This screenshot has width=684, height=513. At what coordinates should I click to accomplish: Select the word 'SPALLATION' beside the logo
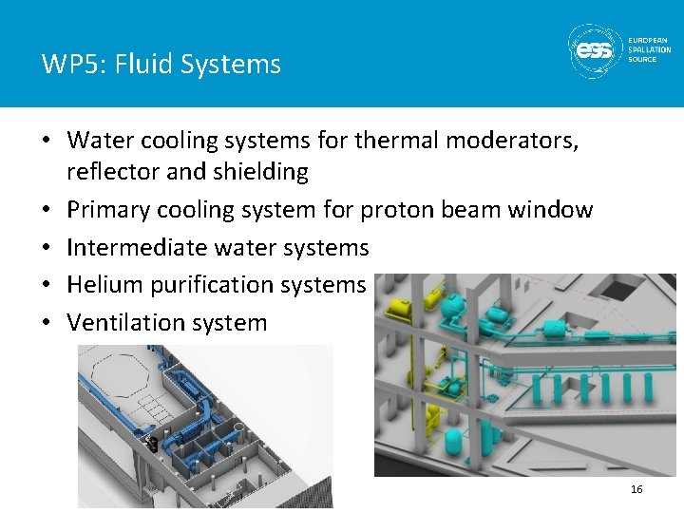pyautogui.click(x=649, y=49)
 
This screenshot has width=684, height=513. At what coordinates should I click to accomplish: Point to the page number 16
pyautogui.click(x=636, y=488)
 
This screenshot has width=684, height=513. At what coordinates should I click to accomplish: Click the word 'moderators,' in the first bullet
pyautogui.click(x=514, y=141)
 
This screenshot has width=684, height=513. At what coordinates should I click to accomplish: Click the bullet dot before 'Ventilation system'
pyautogui.click(x=47, y=322)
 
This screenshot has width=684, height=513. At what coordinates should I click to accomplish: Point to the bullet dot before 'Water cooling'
pyautogui.click(x=47, y=141)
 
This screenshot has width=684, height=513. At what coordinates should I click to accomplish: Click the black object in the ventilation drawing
pyautogui.click(x=152, y=444)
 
